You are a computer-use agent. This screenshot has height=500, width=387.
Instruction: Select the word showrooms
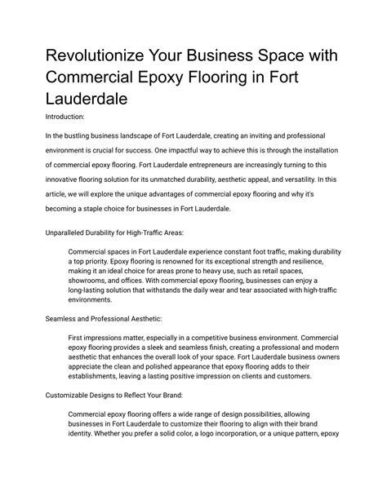[x=93, y=284]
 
